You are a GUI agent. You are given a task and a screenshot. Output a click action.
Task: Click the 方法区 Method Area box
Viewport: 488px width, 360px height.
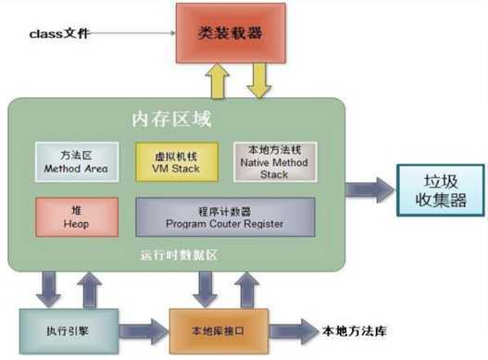75,161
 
